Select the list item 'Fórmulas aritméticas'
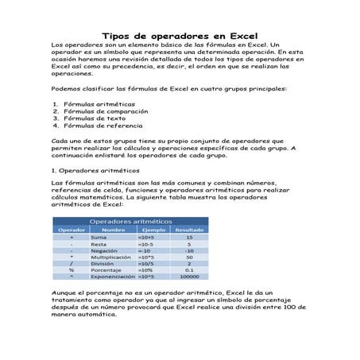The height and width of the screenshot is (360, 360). (99, 104)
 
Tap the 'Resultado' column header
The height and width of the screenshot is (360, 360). (189, 230)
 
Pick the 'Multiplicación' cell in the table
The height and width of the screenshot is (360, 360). (111, 257)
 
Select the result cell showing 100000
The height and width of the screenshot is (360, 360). (189, 277)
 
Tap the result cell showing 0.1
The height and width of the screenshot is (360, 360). (189, 271)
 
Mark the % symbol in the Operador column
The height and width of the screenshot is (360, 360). (72, 271)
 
